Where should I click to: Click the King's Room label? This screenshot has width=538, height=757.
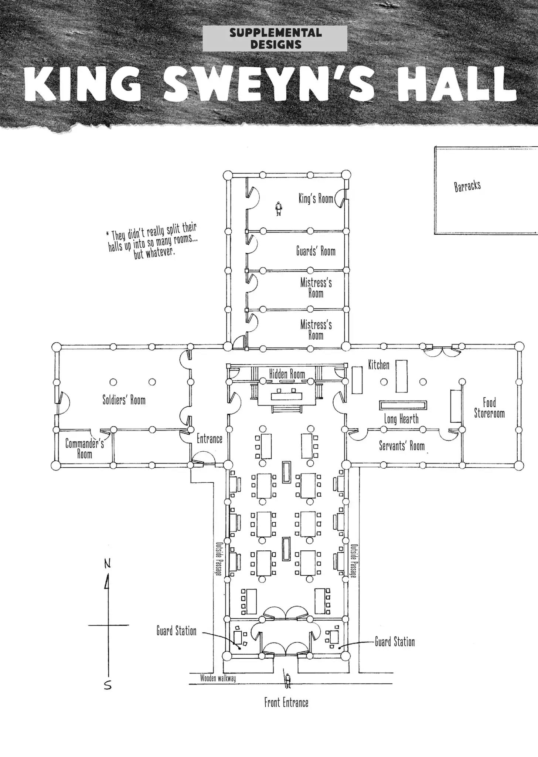316,198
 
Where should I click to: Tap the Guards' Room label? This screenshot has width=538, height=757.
316,251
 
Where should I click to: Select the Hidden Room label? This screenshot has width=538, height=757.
287,374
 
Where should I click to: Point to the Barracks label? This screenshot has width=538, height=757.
467,186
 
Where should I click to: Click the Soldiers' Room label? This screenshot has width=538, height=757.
124,400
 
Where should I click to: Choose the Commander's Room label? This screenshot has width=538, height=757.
85,448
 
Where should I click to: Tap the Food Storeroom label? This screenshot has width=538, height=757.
489,408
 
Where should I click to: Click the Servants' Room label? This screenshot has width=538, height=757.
402,446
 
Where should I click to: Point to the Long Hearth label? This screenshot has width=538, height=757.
401,419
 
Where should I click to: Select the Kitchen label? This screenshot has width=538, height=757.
379,365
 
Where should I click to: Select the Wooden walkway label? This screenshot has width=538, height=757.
218,678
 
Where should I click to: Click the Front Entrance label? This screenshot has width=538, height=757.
286,702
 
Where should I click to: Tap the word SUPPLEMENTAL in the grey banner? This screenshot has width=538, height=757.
275,33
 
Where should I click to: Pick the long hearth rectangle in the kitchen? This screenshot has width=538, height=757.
403,405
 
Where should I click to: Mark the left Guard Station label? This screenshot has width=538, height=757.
176,631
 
